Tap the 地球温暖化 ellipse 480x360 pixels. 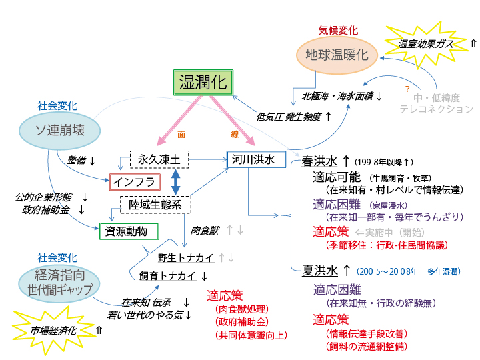337,55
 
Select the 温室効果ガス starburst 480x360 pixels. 426,43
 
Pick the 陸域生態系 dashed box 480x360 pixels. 155,204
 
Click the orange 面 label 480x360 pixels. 181,134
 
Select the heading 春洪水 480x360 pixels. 319,161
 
